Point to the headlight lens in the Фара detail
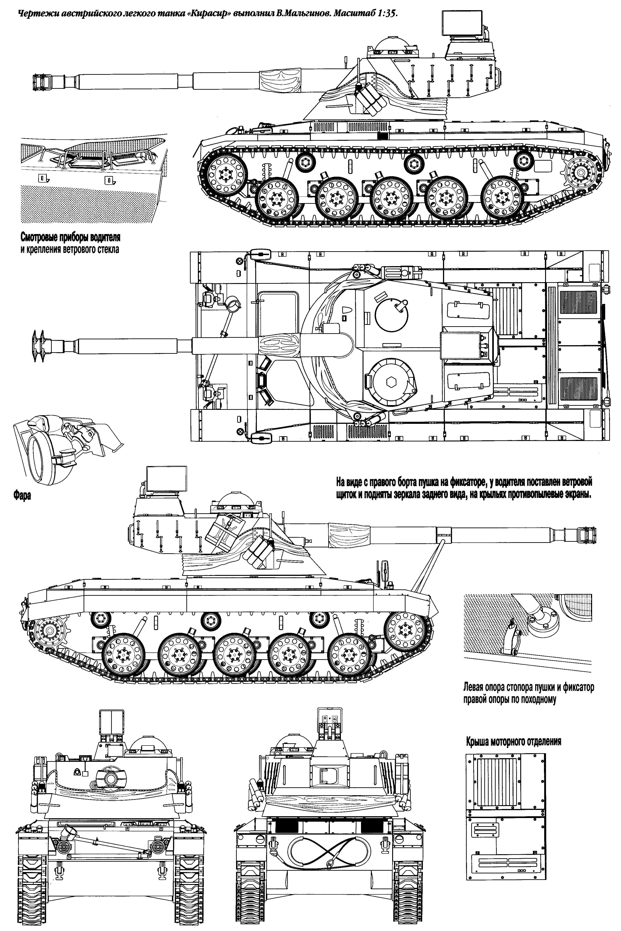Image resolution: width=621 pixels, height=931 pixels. [x=41, y=456]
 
